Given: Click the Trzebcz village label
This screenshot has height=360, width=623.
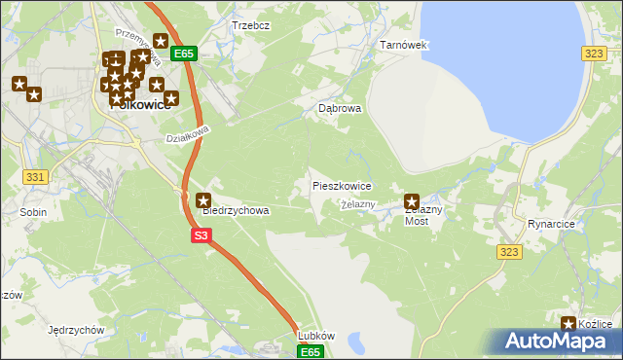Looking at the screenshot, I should point(250,25).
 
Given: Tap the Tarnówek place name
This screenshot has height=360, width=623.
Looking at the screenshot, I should point(403,46).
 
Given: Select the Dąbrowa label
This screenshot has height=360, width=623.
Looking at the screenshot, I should point(340,109).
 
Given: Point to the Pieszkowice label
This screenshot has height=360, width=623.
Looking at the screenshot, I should point(341,185).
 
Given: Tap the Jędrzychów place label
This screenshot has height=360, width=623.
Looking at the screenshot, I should point(75,330).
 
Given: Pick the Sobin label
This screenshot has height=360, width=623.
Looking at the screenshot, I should point(33,210).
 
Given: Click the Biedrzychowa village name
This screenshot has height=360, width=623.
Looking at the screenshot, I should point(236,209).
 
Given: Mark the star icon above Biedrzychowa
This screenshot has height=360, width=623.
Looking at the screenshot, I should point(203,200).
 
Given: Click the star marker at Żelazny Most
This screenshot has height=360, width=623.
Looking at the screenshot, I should point(412,201).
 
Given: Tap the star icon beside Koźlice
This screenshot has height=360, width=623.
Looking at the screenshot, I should point(569,324).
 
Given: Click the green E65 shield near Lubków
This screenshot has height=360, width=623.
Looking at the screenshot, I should point(310,351).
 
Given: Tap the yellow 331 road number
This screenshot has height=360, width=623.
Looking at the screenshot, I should point(35,176).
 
